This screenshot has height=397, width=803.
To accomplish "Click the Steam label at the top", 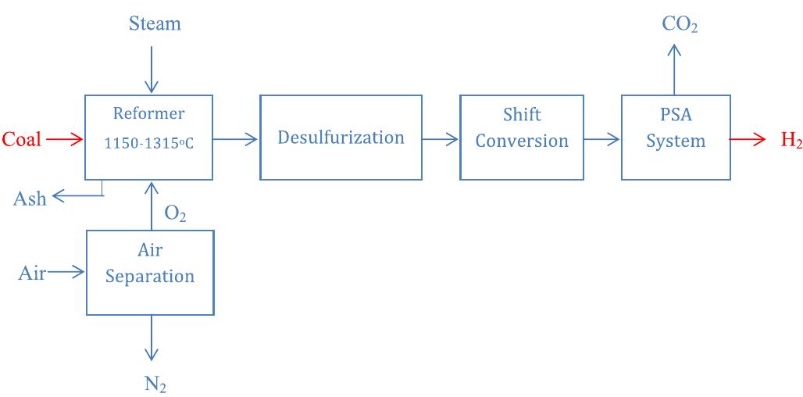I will click(x=155, y=24).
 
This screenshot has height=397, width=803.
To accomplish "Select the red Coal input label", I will click(x=22, y=140).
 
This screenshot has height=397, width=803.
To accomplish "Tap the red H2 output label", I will click(x=791, y=141).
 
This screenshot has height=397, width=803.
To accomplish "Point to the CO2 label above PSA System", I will click(x=679, y=24).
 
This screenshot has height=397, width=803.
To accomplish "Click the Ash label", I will click(x=30, y=198).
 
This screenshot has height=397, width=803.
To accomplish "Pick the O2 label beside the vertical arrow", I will click(x=175, y=213).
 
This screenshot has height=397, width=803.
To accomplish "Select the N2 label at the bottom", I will click(x=155, y=384).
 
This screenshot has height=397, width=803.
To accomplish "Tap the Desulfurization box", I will click(x=341, y=138).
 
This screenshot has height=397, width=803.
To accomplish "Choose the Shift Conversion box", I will click(x=522, y=138).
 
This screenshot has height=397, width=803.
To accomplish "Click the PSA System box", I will click(x=676, y=138).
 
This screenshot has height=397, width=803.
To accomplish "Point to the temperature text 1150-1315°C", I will click(x=149, y=144).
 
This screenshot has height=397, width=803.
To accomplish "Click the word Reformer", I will click(x=149, y=114).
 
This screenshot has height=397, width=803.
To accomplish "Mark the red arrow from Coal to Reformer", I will click(x=64, y=140).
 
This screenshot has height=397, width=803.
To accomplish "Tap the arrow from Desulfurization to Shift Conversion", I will click(x=441, y=140).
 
